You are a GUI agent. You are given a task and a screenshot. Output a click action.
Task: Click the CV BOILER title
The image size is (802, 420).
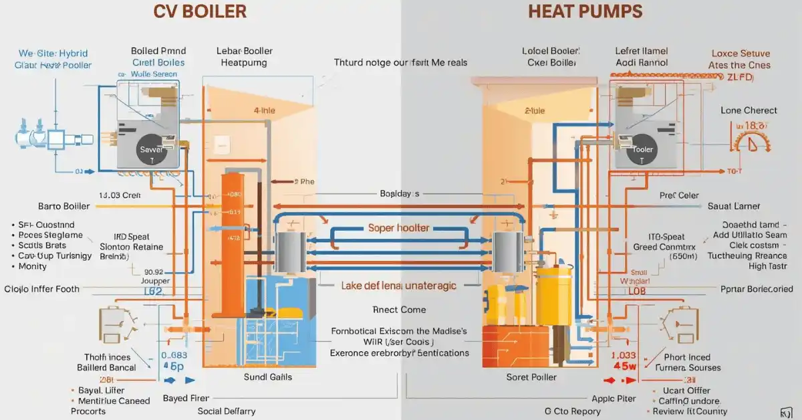pyautogui.click(x=200, y=11)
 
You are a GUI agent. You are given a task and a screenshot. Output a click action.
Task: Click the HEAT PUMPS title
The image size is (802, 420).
pyautogui.click(x=585, y=11)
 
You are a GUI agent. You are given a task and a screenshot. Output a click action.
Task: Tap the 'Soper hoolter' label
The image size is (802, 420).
pyautogui.click(x=399, y=228)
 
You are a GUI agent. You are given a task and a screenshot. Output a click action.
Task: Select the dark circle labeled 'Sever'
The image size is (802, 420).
pyautogui.click(x=150, y=150)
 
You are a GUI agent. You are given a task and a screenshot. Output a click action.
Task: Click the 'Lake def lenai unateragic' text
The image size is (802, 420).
pyautogui.click(x=399, y=286)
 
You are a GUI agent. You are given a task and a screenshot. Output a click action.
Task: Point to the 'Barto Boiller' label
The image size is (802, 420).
pyautogui.click(x=59, y=206)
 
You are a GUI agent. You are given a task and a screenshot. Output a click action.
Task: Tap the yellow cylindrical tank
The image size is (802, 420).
pyautogui.click(x=554, y=295)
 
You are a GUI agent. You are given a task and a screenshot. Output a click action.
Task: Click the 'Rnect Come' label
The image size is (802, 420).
pyautogui.click(x=399, y=310)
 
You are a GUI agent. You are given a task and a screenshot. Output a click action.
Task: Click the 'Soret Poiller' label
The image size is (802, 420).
pyautogui.click(x=533, y=377)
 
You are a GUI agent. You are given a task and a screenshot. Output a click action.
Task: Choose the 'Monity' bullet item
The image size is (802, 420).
pyautogui.click(x=33, y=266)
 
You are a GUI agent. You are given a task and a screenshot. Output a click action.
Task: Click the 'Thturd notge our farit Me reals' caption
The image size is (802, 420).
pyautogui.click(x=400, y=63)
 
